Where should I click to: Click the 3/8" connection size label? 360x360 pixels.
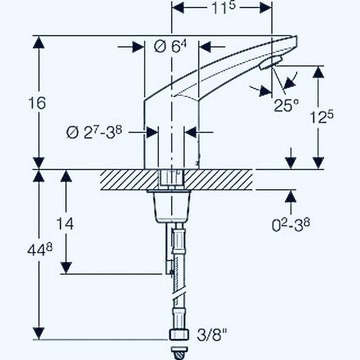(212, 334)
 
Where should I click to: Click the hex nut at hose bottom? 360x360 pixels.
(178, 334)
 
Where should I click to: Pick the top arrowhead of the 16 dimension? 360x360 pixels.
(40, 42)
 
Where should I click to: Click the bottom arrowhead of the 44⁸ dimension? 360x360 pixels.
(40, 334)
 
